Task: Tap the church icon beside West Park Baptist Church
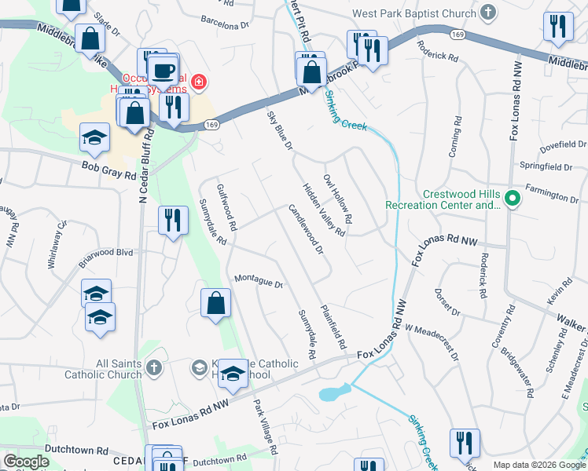[489, 13]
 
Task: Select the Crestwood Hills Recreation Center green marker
[513, 198]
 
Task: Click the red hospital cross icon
[200, 81]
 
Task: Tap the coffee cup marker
[164, 71]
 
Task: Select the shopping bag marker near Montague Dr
[216, 303]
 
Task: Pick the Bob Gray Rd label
[109, 170]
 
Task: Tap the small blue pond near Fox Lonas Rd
[334, 392]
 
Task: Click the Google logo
[27, 462]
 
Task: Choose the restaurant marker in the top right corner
[557, 26]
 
